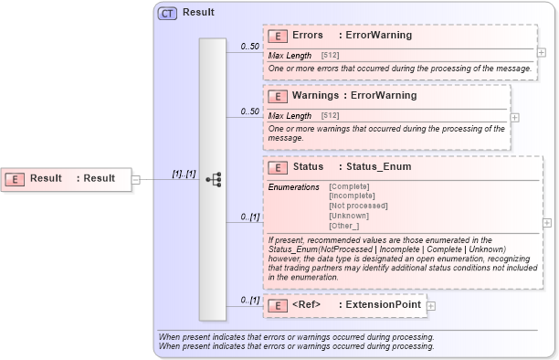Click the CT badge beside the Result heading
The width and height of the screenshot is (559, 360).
point(167,13)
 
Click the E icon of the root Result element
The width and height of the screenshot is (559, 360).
point(16,178)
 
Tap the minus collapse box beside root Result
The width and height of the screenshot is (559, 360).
point(135,179)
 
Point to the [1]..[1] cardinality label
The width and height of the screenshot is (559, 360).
point(185,174)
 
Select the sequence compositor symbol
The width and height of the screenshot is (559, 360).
point(215,180)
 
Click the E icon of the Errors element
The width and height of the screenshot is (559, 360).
point(278,36)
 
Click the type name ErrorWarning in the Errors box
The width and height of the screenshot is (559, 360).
point(379,36)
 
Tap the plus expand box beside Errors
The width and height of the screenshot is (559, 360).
point(542,52)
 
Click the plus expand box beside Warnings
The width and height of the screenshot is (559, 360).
point(514,117)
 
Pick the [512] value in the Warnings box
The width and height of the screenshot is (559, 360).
point(331,116)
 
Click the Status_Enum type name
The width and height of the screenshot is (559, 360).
point(379,167)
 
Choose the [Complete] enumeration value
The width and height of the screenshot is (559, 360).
point(349,186)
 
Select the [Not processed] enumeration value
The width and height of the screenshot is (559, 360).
point(357,206)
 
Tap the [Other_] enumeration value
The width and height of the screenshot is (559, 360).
point(343,226)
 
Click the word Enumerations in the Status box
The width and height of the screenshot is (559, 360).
point(293,186)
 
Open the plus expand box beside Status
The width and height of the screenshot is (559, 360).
point(547,222)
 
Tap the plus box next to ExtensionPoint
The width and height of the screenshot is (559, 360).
point(431,305)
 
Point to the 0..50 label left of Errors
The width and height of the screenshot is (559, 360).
point(248,46)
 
